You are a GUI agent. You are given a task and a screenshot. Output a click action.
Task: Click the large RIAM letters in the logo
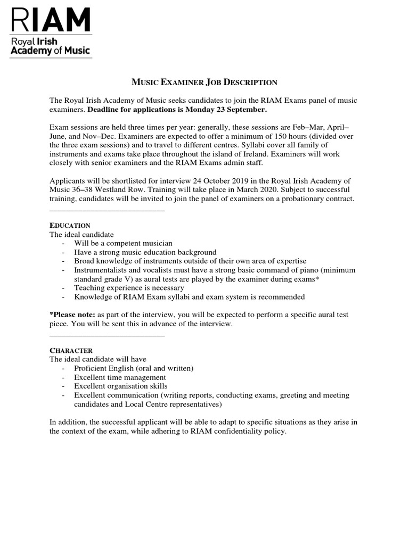click(x=51, y=20)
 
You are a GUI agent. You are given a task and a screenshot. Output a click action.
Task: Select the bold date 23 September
click(x=238, y=110)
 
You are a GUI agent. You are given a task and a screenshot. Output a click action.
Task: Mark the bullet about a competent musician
click(x=123, y=243)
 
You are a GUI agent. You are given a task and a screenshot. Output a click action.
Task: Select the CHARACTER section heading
click(x=71, y=351)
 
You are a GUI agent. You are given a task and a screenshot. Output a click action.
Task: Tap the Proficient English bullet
click(x=134, y=368)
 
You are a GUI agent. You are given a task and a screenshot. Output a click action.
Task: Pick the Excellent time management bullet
click(x=120, y=377)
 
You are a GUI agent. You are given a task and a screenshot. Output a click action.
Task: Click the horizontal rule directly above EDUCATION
click(x=107, y=211)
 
